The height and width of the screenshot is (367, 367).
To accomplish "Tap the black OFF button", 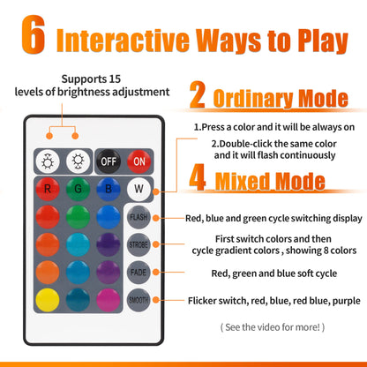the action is pyautogui.click(x=109, y=161).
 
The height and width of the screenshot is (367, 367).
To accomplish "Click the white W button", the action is pyautogui.click(x=139, y=189).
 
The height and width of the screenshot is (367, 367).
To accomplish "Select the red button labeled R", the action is pyautogui.click(x=48, y=189).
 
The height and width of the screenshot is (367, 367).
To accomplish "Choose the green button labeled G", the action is pyautogui.click(x=78, y=189).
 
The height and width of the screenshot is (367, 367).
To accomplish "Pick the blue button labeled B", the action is pyautogui.click(x=109, y=189).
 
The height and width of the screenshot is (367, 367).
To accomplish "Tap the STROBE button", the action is pyautogui.click(x=139, y=244).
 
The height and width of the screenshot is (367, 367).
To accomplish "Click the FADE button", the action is pyautogui.click(x=139, y=273).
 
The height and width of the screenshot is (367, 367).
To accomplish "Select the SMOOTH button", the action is pyautogui.click(x=139, y=300).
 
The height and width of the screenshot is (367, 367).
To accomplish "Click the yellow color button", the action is pyautogui.click(x=48, y=300).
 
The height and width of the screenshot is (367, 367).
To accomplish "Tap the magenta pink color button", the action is pyautogui.click(x=109, y=300).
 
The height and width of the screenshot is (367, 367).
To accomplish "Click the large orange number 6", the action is pyautogui.click(x=34, y=34).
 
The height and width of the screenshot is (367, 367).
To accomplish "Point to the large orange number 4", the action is pyautogui.click(x=198, y=177).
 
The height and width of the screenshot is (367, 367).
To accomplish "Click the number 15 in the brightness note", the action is pyautogui.click(x=115, y=79).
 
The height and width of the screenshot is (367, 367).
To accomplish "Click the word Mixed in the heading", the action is pyautogui.click(x=242, y=181).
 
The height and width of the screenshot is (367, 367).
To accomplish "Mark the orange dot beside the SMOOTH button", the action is pyautogui.click(x=156, y=300).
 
